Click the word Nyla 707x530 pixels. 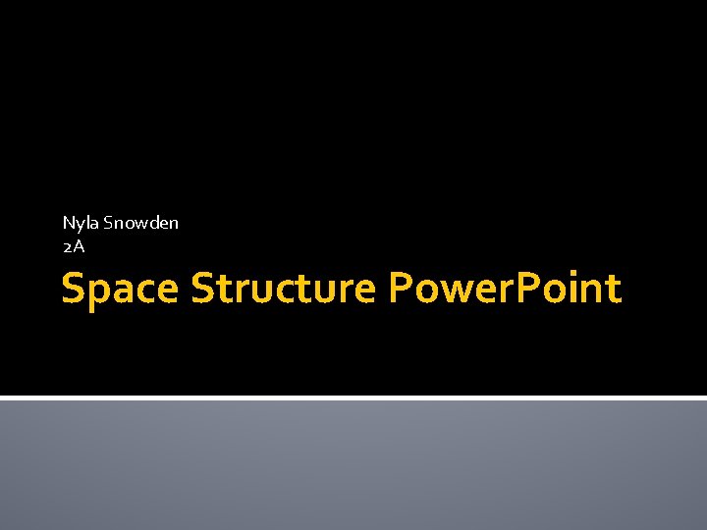(81, 223)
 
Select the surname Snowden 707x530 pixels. (141, 223)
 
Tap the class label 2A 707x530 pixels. (74, 247)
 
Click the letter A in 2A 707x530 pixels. (79, 247)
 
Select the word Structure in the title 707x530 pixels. (284, 290)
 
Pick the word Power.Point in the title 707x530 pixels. (505, 290)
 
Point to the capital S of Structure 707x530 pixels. (203, 290)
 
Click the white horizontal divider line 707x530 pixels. (353, 397)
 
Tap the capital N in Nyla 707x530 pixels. (69, 223)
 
